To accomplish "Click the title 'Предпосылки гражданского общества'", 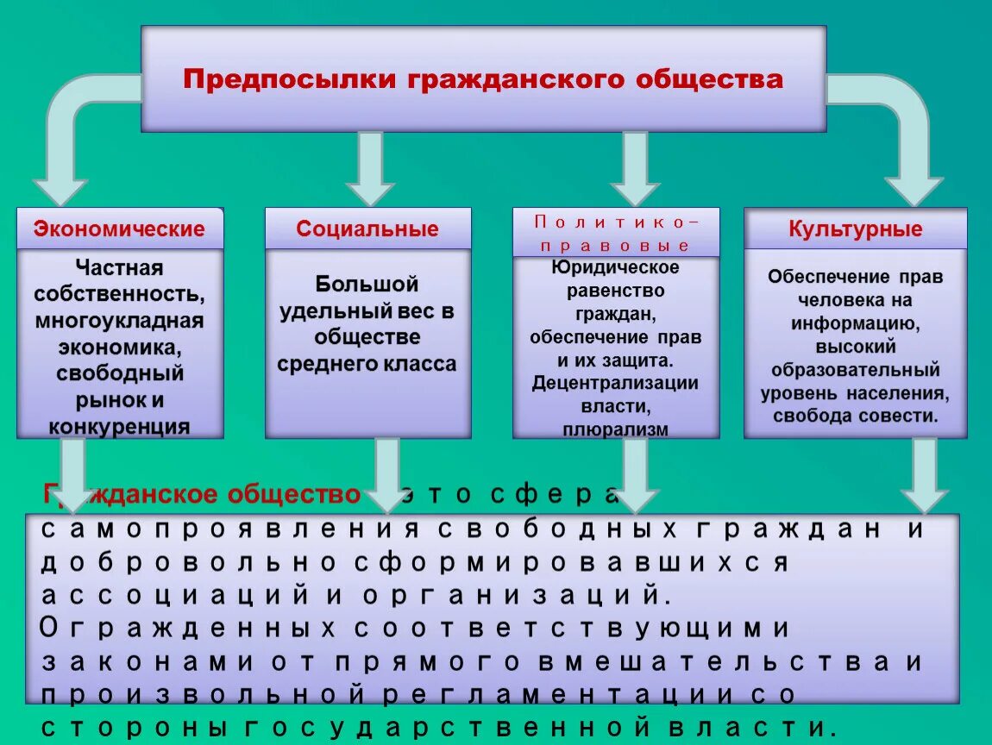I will [483, 80].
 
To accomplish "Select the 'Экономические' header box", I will [120, 229].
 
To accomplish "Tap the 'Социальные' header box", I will [367, 229].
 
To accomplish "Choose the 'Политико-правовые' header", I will [615, 233].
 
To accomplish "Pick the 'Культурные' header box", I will [855, 229].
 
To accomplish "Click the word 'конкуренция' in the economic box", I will [120, 426].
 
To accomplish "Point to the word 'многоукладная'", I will [120, 321].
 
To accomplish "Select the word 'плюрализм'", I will [615, 429].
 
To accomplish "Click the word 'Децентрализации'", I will [615, 383].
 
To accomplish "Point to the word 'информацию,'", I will [855, 324].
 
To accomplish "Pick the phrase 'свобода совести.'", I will [855, 416].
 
